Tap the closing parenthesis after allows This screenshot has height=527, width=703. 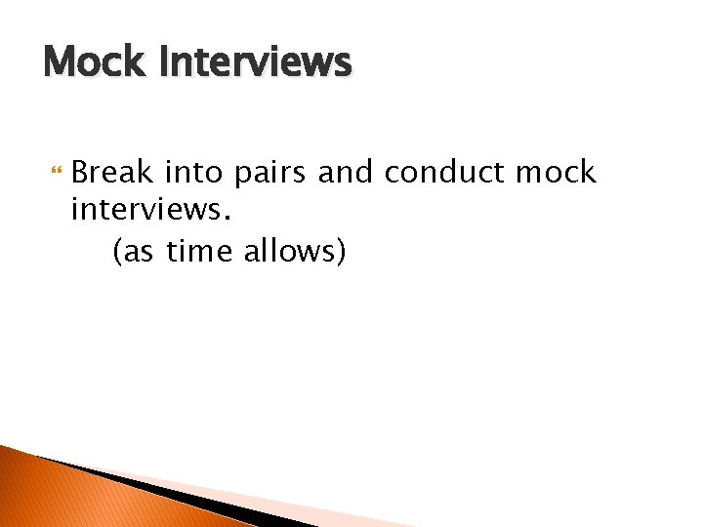tap(341, 252)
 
